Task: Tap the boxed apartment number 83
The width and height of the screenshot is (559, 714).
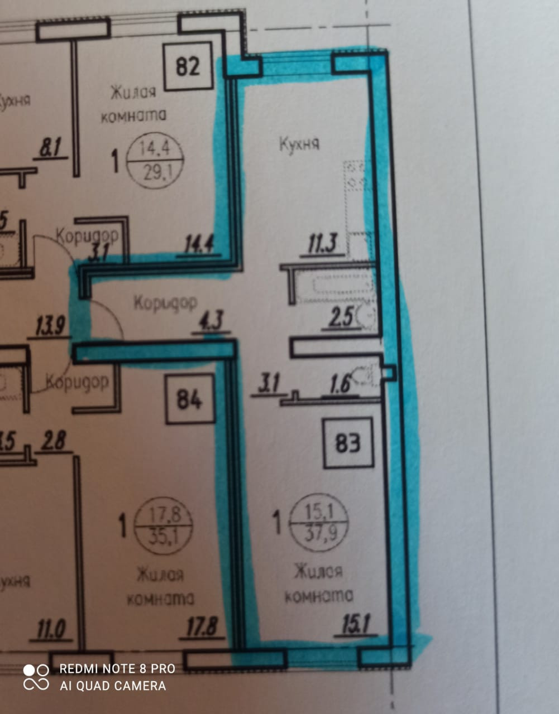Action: click(347, 443)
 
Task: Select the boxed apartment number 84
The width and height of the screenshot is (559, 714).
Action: click(189, 399)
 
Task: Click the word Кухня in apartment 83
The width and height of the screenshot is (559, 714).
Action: click(299, 144)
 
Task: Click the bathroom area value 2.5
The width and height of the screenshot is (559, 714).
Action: click(341, 317)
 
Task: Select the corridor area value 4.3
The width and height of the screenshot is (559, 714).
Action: click(211, 321)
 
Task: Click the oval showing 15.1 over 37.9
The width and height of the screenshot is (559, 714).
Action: click(318, 523)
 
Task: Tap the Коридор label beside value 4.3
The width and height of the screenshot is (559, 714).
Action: click(165, 303)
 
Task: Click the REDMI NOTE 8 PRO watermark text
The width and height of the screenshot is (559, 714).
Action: click(117, 668)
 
